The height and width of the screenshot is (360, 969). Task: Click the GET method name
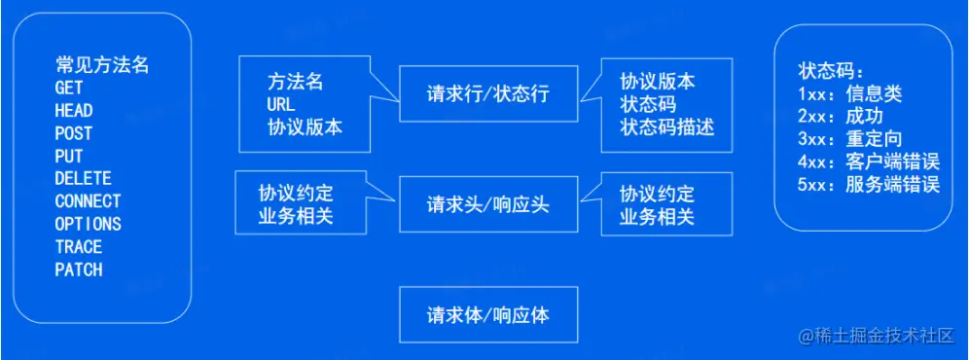tap(69, 88)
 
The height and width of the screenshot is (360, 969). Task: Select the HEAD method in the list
tap(74, 111)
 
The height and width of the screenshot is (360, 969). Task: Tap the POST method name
tap(74, 133)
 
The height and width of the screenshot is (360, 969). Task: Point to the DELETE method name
tap(83, 179)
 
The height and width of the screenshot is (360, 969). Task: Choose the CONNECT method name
tap(88, 201)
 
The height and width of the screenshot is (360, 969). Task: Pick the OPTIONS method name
tap(88, 224)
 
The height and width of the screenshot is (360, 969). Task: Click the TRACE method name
tap(79, 247)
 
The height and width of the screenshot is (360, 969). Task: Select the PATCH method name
tap(79, 270)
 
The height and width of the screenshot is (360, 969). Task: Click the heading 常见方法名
tap(102, 65)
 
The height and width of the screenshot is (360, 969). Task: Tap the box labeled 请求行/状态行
tap(488, 94)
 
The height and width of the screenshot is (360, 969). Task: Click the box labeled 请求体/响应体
tap(488, 315)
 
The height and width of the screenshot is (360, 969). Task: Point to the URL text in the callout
tap(280, 104)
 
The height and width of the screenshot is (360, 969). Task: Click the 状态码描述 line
tap(667, 127)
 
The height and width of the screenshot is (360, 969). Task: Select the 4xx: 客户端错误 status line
tap(869, 162)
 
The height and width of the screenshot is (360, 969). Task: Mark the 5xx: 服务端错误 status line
tap(869, 185)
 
